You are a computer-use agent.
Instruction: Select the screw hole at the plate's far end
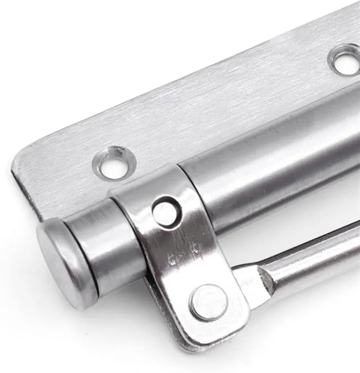(344, 60)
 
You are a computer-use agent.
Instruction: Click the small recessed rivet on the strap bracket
(165, 211)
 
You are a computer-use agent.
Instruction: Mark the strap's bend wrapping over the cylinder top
(150, 179)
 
